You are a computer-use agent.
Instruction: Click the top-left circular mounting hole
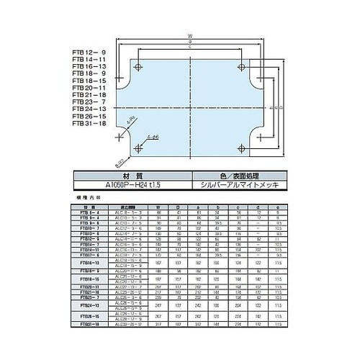point(140,68)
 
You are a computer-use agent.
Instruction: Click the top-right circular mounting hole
point(240,68)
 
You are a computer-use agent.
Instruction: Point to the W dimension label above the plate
point(189,33)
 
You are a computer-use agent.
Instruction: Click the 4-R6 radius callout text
point(130,122)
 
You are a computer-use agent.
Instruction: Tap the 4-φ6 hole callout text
point(153,135)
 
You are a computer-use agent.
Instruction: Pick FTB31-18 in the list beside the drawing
point(89,123)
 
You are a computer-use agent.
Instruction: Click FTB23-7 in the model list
point(89,102)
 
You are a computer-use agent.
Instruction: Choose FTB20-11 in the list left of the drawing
point(89,89)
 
